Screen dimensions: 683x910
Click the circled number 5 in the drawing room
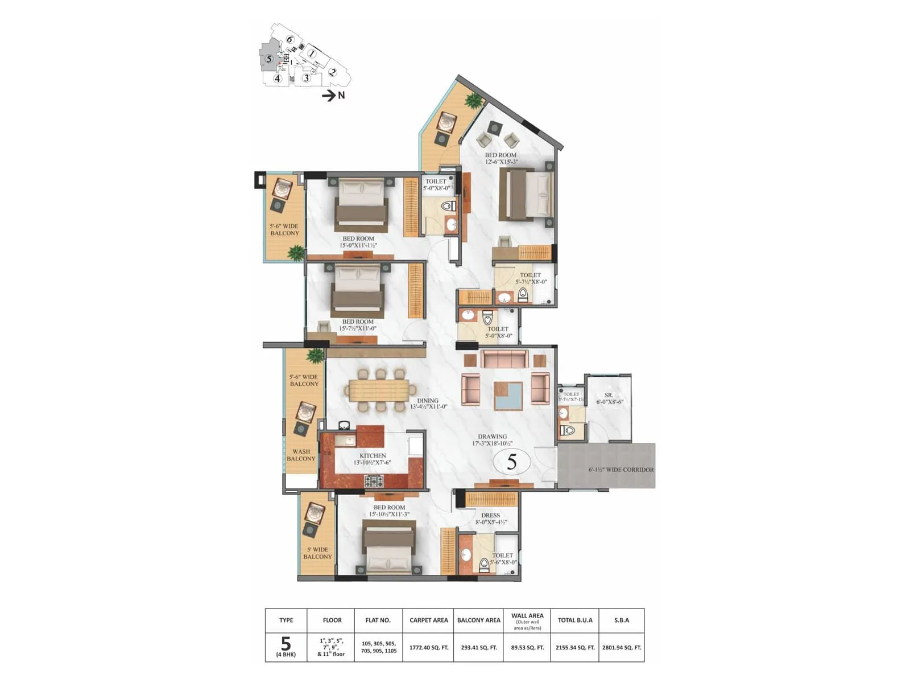511,462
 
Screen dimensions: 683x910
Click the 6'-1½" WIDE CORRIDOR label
621,470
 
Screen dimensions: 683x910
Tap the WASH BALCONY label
301,455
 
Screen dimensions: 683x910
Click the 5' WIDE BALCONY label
317,553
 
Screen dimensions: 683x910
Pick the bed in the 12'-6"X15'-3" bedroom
526,195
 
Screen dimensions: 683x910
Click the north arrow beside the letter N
329,96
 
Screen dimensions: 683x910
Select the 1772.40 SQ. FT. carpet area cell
428,648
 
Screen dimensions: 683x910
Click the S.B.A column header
622,620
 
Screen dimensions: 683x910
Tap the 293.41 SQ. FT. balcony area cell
478,648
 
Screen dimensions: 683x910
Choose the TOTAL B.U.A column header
576,620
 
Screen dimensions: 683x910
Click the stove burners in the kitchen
374,482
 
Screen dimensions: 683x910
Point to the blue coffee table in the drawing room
508,396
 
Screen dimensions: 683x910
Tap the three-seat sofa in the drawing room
504,359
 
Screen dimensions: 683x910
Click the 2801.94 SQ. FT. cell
622,648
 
